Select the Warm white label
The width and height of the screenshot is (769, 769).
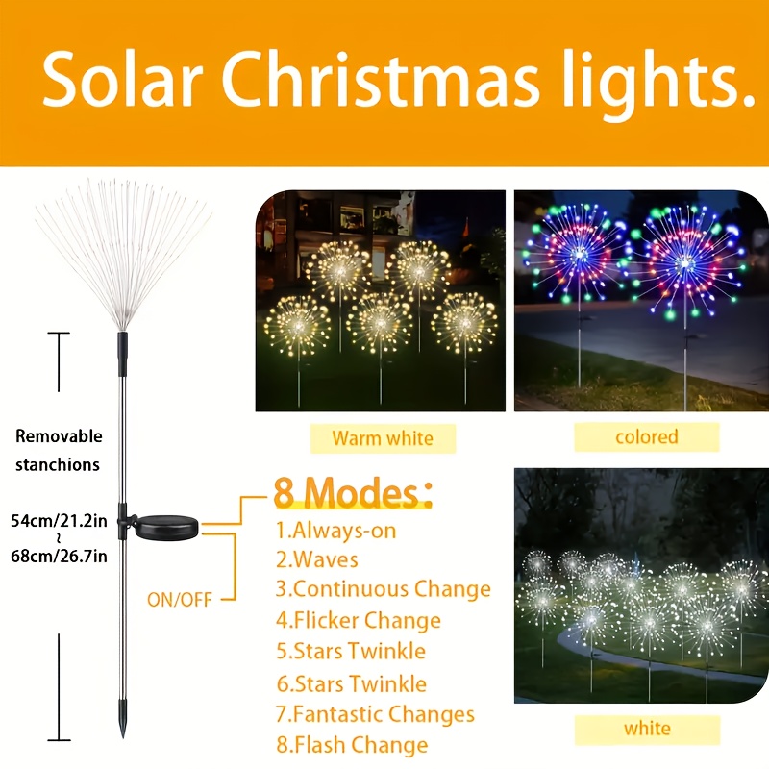pos(383,438)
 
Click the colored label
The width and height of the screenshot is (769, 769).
pos(646,436)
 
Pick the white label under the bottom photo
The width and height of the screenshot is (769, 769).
pos(646,728)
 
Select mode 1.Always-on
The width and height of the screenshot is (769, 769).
pos(335,530)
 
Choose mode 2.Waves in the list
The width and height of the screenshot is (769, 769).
pos(316,559)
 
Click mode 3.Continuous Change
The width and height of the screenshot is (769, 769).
pos(383,589)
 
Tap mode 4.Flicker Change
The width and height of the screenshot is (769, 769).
pos(358,620)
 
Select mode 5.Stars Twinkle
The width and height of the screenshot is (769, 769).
pos(350,651)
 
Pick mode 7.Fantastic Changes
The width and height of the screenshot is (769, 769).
pos(375,714)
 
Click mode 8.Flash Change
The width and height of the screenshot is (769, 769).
pos(351,745)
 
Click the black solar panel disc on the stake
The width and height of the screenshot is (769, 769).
pos(164,527)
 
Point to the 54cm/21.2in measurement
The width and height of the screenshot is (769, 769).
pos(59,521)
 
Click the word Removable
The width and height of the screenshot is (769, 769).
pos(59,436)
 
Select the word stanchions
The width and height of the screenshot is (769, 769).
pos(59,464)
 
